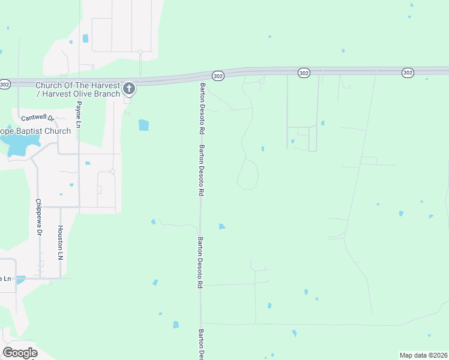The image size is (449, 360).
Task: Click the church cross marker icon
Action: click(x=128, y=89)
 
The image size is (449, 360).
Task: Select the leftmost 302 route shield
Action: click(x=4, y=84)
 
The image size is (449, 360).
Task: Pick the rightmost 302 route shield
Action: click(x=408, y=73)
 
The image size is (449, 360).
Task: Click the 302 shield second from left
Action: click(x=218, y=76)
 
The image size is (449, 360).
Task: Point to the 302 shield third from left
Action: click(x=303, y=73)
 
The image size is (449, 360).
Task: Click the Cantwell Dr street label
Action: click(x=37, y=118)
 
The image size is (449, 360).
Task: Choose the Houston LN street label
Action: click(x=60, y=242)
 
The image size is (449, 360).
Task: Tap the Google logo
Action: click(x=20, y=353)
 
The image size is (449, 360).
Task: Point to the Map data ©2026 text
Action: click(x=423, y=355)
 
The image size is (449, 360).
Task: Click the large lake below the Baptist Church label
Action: click(x=19, y=145)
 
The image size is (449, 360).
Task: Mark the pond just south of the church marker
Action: click(x=143, y=125)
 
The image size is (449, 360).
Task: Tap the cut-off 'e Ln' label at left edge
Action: click(x=5, y=278)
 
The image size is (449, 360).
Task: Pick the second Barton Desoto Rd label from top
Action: click(x=202, y=171)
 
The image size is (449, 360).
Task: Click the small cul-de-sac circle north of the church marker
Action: click(x=140, y=52)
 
